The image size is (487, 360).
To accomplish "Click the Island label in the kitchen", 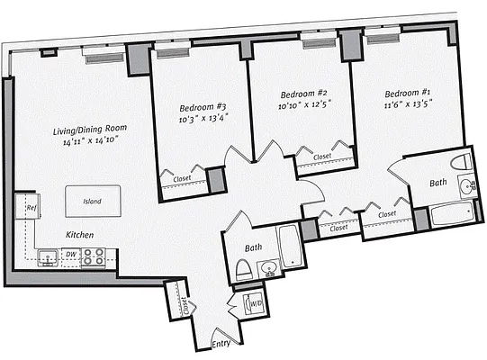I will click(93, 202).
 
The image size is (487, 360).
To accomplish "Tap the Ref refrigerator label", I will click(31, 208).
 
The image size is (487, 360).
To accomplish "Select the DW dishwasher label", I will click(71, 256).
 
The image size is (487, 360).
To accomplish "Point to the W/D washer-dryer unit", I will click(257, 304).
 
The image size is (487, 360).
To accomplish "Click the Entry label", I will click(221, 344).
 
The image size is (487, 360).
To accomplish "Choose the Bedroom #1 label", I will click(409, 94).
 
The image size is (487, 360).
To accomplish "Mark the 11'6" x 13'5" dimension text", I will click(410, 105).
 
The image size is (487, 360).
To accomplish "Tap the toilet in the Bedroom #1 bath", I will click(462, 163).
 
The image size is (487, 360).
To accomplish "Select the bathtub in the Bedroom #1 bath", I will click(449, 216).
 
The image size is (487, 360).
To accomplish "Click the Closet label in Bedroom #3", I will click(183, 178).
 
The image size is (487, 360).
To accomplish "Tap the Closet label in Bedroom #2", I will click(321, 157).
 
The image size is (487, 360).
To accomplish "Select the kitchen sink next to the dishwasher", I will click(45, 256).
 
